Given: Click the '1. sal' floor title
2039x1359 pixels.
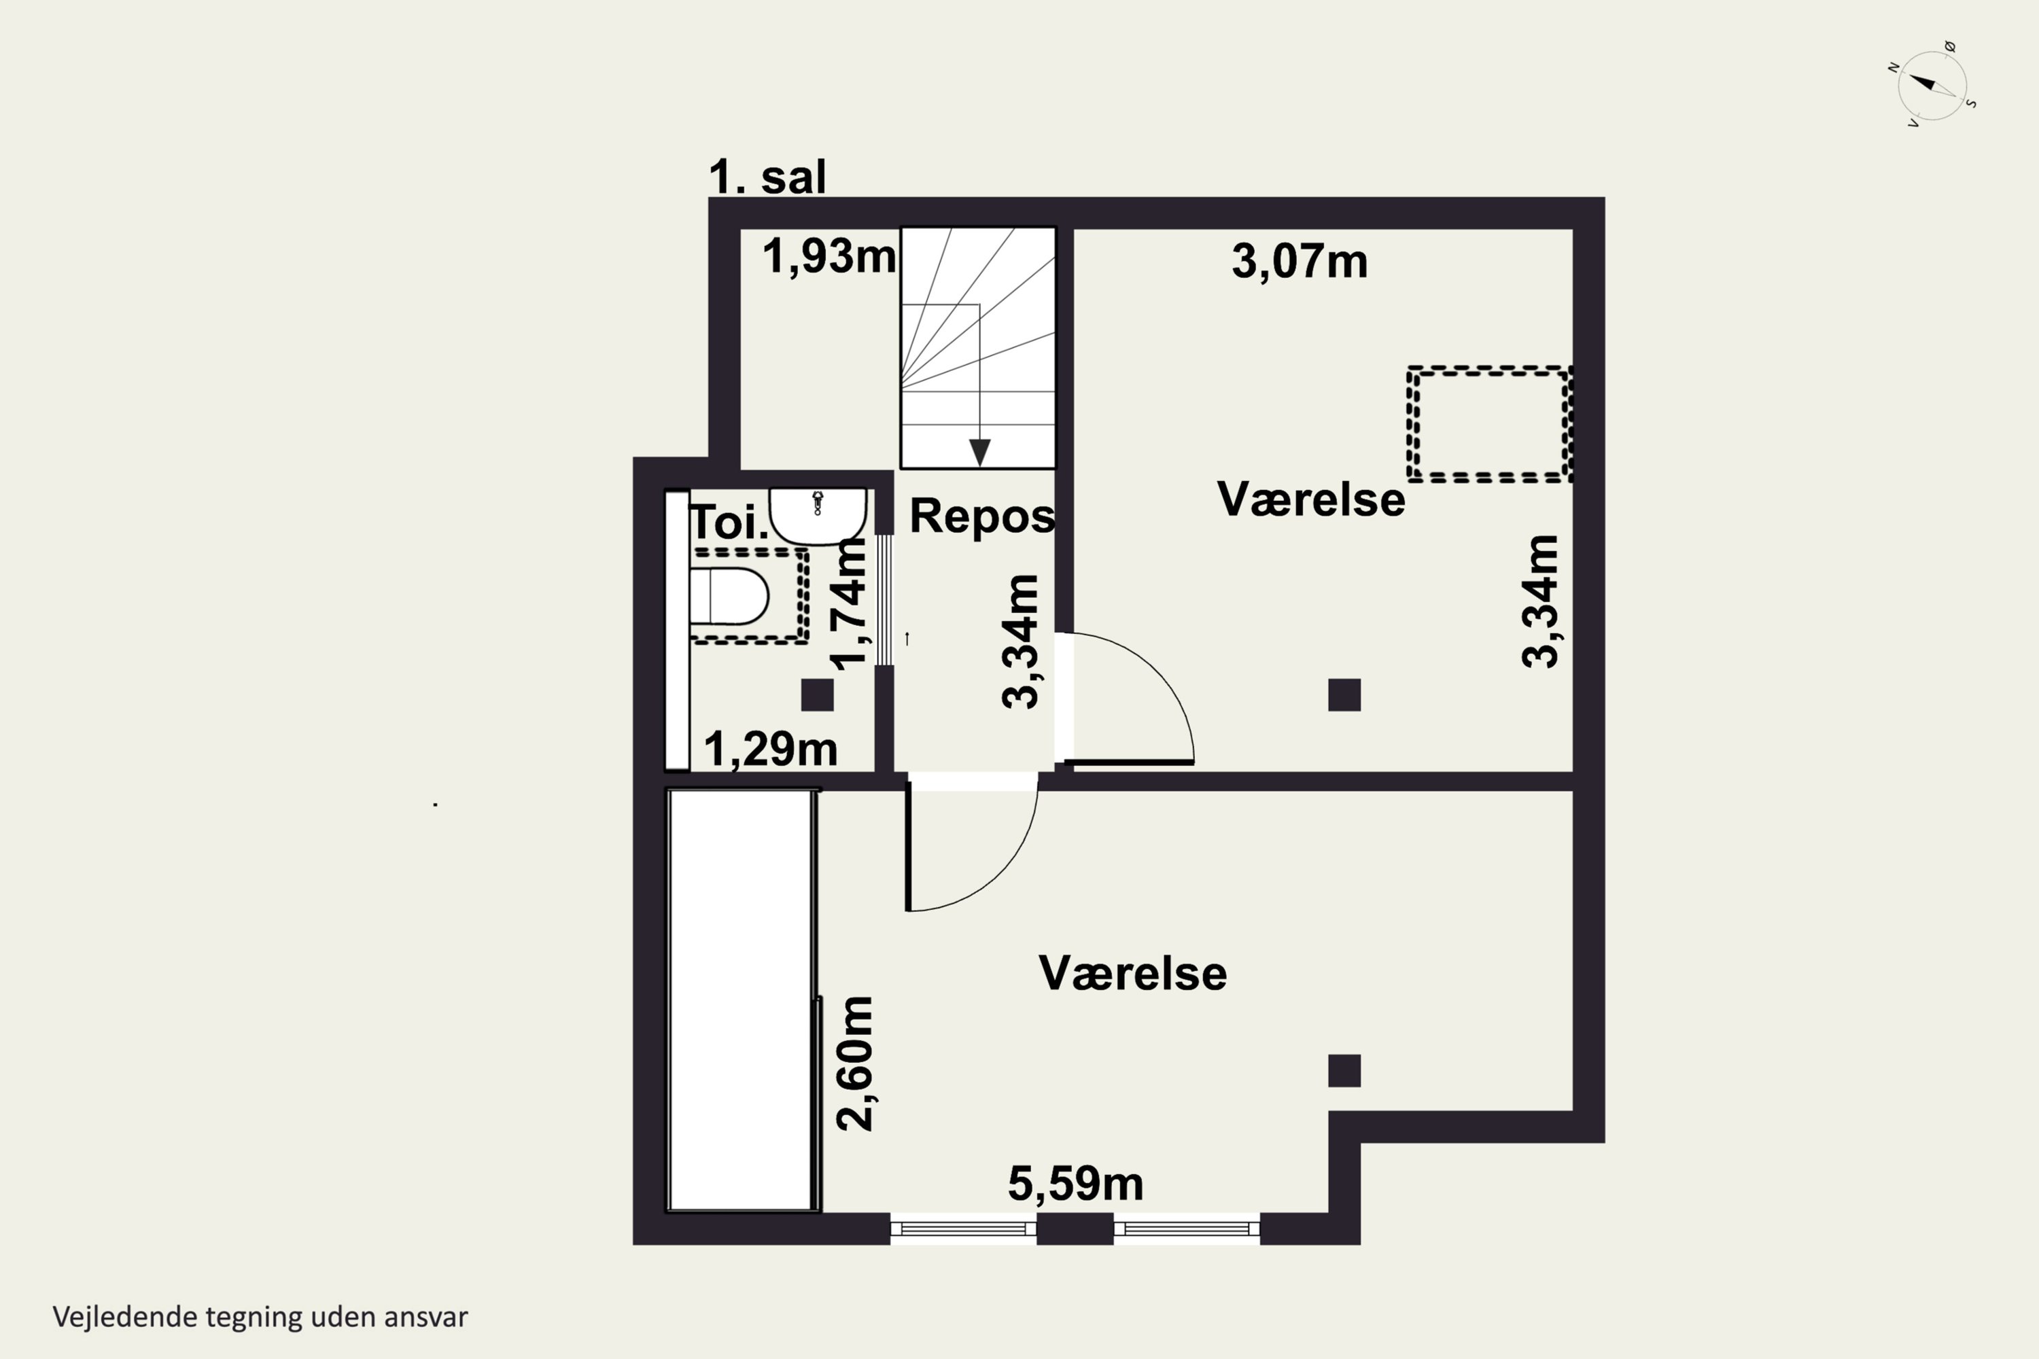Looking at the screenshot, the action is (x=767, y=177).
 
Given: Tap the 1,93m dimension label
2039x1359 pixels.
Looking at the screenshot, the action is (x=829, y=257).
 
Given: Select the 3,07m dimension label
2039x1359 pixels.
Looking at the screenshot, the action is (x=1300, y=261).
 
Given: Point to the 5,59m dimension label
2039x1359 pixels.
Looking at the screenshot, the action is (x=1075, y=1183).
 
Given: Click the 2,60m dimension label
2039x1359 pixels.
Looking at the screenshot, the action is (x=856, y=1063).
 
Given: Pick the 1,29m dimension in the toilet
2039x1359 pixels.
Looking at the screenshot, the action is (x=770, y=749).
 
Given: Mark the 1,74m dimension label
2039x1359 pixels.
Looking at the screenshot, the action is (x=850, y=604).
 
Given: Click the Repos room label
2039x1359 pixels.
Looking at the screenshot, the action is (x=982, y=516).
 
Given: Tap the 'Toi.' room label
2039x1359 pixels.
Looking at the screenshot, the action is (x=729, y=523).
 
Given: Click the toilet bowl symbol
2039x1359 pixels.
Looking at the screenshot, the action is (x=729, y=597).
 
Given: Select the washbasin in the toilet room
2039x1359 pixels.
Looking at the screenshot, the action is (x=818, y=516).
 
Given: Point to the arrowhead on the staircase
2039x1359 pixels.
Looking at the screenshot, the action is (x=979, y=453).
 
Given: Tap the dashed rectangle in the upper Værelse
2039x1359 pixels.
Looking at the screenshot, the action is (x=1488, y=425).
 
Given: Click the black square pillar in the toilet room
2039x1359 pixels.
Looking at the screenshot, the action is (x=817, y=695).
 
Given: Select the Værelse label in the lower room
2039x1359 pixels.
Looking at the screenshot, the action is (x=1132, y=973).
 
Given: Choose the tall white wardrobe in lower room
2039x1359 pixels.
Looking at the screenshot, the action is (x=743, y=1000).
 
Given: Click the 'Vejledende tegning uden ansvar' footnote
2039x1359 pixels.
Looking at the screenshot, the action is (x=260, y=1317).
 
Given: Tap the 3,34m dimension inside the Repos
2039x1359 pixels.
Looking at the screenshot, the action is (x=1019, y=641).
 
